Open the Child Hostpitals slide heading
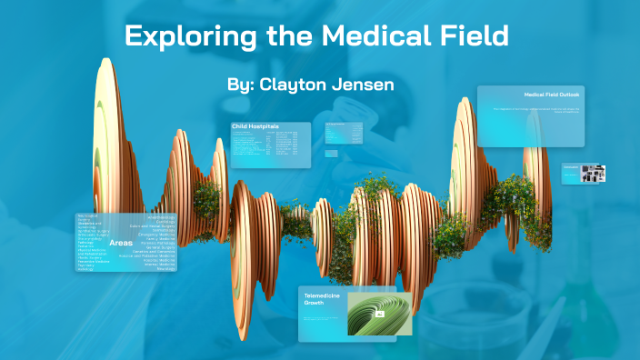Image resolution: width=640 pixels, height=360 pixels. point(255,126)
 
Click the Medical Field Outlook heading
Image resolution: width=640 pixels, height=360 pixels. point(551,95)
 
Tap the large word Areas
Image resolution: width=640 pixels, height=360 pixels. point(121,244)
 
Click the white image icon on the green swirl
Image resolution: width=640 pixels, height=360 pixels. point(379,314)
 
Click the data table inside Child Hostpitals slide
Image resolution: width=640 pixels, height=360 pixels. point(264,145)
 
